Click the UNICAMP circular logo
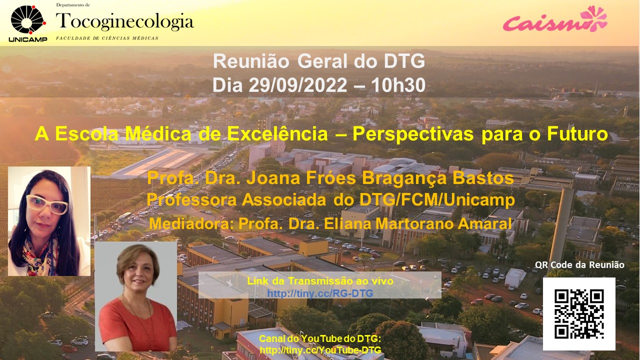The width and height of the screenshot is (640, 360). click(28, 20)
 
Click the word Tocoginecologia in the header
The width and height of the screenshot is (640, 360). click(125, 21)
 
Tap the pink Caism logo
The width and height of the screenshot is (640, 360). click(555, 19)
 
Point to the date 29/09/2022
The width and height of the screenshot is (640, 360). click(297, 85)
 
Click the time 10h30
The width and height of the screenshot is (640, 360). click(398, 85)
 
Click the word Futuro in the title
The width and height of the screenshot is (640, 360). click(577, 133)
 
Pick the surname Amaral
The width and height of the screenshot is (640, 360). click(484, 223)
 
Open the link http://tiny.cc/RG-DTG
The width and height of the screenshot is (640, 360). click(320, 293)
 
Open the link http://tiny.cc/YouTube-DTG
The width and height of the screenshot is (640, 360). click(320, 349)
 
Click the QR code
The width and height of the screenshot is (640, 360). click(579, 313)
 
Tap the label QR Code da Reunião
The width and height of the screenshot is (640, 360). click(579, 265)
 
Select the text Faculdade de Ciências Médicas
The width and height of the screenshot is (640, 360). click(107, 38)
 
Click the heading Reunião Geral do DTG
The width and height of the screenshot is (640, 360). click(319, 61)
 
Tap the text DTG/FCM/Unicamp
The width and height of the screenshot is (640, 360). click(437, 200)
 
